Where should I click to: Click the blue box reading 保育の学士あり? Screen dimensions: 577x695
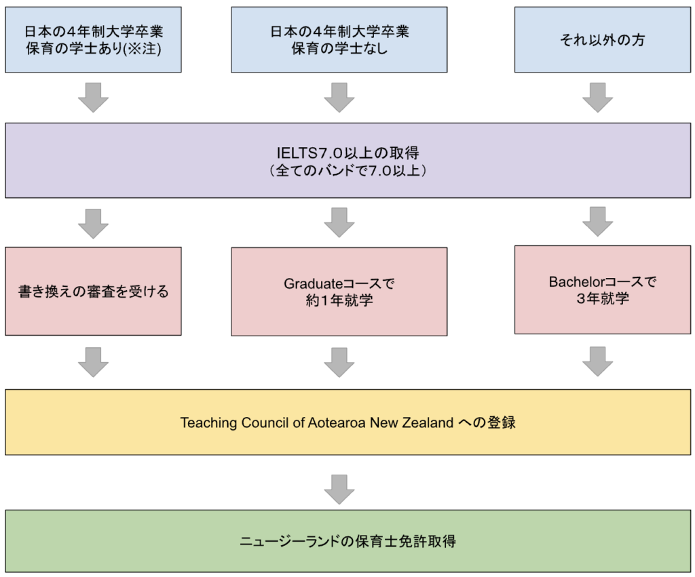pyautogui.click(x=93, y=39)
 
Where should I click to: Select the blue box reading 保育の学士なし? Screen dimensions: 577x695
pyautogui.click(x=339, y=39)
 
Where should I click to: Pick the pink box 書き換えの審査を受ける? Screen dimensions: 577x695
pyautogui.click(x=93, y=291)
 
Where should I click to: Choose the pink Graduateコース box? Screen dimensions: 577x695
pyautogui.click(x=339, y=292)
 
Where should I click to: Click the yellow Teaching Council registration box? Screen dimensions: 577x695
pyautogui.click(x=347, y=422)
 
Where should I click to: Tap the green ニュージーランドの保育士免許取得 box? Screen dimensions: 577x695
pyautogui.click(x=347, y=540)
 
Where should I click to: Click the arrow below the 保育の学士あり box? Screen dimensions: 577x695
pyautogui.click(x=93, y=98)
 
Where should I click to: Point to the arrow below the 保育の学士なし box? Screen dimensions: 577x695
pyautogui.click(x=339, y=98)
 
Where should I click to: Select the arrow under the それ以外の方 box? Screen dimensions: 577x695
pyautogui.click(x=597, y=98)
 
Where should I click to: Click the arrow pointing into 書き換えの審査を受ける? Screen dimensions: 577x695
pyautogui.click(x=93, y=223)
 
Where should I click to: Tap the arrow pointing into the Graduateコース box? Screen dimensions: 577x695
pyautogui.click(x=339, y=223)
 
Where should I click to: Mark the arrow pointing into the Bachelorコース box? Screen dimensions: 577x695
pyautogui.click(x=597, y=222)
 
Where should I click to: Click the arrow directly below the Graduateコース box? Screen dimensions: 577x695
pyautogui.click(x=339, y=362)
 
